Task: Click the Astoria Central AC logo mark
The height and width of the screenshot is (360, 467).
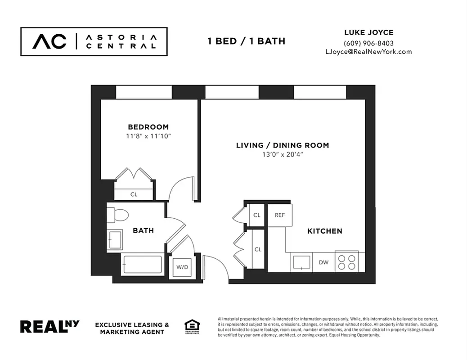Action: (x=49, y=41)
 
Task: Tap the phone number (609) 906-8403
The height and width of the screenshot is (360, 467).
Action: (x=368, y=43)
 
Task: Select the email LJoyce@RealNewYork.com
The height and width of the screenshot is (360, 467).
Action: (x=368, y=51)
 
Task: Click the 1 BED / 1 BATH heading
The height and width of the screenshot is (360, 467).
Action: (x=246, y=41)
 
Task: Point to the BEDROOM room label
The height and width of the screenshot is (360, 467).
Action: (x=148, y=127)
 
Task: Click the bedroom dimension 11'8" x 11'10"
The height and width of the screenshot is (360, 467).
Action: (x=148, y=135)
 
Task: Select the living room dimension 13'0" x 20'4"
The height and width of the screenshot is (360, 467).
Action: (x=283, y=154)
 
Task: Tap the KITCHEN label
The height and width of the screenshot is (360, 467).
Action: (x=324, y=231)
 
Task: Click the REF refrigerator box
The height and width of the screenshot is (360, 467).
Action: (x=280, y=215)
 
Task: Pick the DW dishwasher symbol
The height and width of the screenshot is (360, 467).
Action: (x=323, y=262)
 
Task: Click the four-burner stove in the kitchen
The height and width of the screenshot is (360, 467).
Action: (x=347, y=262)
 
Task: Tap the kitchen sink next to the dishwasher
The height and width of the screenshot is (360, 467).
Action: (x=301, y=262)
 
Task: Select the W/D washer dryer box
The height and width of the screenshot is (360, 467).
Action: (x=182, y=267)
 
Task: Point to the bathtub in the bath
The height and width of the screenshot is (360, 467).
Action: (x=142, y=265)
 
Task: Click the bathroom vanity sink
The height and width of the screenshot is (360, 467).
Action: (x=114, y=239)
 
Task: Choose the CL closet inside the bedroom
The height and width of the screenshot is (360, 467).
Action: (x=134, y=194)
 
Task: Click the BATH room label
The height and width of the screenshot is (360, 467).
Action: (x=143, y=230)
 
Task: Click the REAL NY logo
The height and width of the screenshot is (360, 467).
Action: (x=49, y=327)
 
